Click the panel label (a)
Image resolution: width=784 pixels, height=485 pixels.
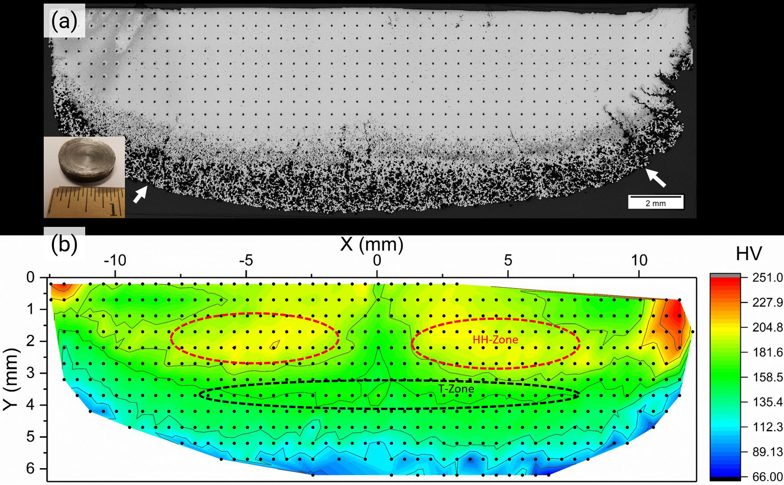tap(64, 21)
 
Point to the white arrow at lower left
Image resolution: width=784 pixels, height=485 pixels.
tap(141, 194)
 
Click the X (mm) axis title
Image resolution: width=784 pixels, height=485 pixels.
tap(372, 245)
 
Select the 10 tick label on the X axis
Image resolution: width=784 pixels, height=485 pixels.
tap(639, 260)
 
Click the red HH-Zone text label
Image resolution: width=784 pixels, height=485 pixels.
tap(495, 340)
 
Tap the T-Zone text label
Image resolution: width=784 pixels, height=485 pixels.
tap(456, 389)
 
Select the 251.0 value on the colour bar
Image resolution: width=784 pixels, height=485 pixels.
tap(767, 277)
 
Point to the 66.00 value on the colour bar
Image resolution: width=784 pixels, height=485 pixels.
tap(767, 477)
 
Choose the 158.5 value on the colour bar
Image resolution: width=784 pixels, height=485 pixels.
tap(767, 377)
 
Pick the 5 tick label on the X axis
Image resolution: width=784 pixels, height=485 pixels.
tap(508, 260)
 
